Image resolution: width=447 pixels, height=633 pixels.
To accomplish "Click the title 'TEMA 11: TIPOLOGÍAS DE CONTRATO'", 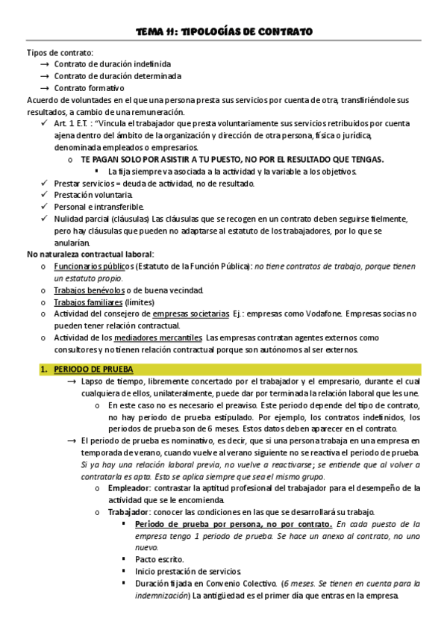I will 223,31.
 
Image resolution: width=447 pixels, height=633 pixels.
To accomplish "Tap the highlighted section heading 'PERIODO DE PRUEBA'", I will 87,369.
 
